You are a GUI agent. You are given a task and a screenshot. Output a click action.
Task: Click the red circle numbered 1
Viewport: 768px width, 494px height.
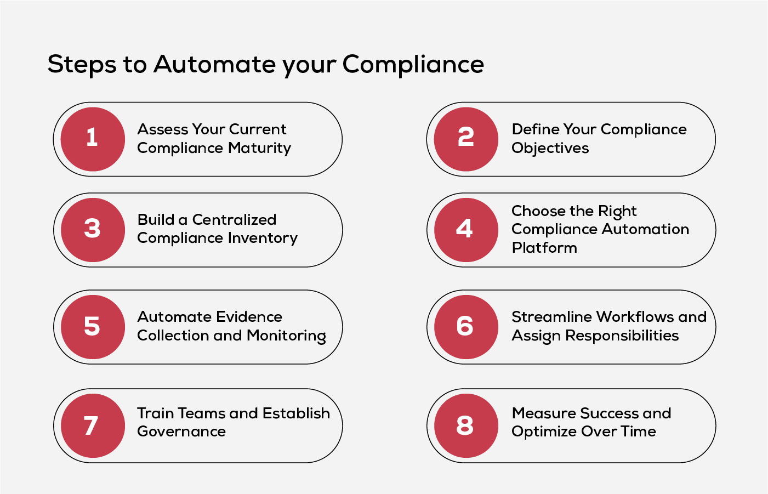pos(93,139)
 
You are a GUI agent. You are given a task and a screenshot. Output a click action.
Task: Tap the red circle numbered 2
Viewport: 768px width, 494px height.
pos(466,139)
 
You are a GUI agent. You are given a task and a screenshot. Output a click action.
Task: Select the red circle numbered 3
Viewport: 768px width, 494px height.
pos(93,230)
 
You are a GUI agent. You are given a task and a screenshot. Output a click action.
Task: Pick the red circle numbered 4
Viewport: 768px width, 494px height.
pos(466,230)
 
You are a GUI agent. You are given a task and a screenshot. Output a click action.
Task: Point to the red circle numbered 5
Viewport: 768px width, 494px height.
pos(93,327)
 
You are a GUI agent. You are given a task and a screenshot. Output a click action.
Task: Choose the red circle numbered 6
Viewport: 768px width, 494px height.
pos(466,327)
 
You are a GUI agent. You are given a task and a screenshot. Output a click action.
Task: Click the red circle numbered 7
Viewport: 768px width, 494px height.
pos(93,425)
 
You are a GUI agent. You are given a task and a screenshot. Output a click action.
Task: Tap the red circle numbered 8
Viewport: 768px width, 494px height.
pos(466,425)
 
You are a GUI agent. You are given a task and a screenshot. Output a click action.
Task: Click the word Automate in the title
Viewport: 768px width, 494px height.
pos(215,64)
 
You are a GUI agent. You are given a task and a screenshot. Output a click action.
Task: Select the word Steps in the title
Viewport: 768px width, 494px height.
pos(82,65)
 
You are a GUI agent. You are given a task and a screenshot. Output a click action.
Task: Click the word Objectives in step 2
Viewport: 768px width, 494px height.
pos(550,149)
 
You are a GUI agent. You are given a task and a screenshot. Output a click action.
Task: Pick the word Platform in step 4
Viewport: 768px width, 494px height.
pos(544,248)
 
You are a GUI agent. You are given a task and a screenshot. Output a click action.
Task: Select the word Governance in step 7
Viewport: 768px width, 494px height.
pos(181,432)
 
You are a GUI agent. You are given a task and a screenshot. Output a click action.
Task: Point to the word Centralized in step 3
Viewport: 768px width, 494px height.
pos(234,220)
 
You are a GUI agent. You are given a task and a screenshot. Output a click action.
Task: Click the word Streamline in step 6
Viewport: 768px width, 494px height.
pos(551,317)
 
